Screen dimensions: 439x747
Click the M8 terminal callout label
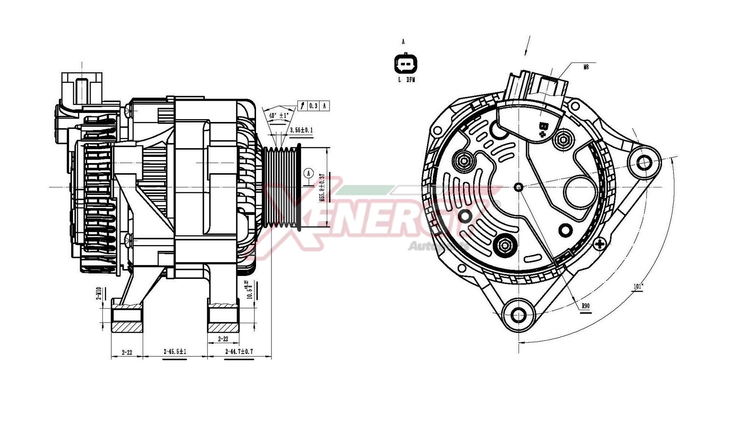click(x=586, y=67)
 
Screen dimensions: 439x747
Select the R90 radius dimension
click(x=585, y=306)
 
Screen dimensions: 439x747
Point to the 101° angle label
click(x=638, y=287)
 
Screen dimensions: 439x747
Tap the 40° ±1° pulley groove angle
click(x=279, y=115)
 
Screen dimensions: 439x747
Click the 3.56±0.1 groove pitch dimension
click(x=301, y=130)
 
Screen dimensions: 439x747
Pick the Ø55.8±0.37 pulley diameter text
click(x=322, y=187)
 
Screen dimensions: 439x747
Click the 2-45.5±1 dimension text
click(x=175, y=352)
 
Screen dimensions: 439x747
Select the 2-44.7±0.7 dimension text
click(x=239, y=351)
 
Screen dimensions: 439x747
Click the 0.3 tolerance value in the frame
click(x=313, y=106)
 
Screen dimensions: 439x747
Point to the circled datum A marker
click(x=309, y=173)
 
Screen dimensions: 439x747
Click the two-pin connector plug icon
click(x=406, y=64)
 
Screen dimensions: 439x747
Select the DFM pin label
click(x=411, y=80)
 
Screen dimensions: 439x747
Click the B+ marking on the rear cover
click(x=543, y=130)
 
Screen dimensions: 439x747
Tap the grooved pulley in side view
click(x=282, y=187)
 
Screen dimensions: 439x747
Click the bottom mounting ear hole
click(x=519, y=315)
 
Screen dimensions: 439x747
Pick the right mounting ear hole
click(x=644, y=163)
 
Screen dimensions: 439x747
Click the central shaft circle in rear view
click(x=519, y=187)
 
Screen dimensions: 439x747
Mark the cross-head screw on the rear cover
click(x=600, y=244)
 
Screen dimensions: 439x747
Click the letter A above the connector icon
click(x=403, y=41)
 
